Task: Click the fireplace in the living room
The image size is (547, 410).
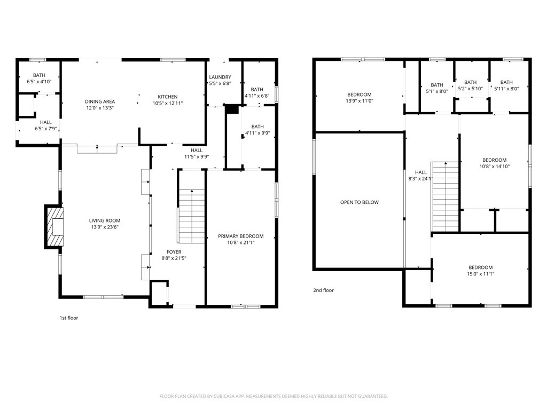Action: click(x=54, y=226)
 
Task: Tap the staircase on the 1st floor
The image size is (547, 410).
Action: click(x=191, y=216)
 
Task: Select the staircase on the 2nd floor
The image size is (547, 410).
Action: click(x=445, y=196)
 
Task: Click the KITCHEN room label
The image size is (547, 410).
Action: click(x=167, y=97)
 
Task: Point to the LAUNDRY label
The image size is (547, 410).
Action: click(x=220, y=77)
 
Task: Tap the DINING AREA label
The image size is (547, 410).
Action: click(x=100, y=101)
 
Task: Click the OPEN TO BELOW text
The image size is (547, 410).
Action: click(x=360, y=202)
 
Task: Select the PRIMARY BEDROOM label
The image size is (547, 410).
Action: click(x=241, y=236)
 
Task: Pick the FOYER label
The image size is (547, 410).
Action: click(x=174, y=252)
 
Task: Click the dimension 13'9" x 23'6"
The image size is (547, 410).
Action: click(x=105, y=227)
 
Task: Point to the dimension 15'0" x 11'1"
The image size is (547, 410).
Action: click(x=480, y=274)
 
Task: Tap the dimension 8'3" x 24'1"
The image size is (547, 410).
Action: click(x=421, y=179)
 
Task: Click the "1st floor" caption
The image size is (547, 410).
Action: click(x=69, y=318)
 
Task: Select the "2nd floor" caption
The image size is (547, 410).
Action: click(x=323, y=290)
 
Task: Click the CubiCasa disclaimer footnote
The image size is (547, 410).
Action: click(x=273, y=396)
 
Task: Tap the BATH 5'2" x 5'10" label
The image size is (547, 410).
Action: click(x=470, y=85)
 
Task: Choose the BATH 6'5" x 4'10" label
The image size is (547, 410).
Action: click(x=39, y=78)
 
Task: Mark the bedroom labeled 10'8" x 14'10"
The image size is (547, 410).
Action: click(x=494, y=163)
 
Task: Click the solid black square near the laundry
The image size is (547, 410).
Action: click(x=231, y=109)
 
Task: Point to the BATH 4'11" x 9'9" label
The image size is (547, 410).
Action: click(x=257, y=130)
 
